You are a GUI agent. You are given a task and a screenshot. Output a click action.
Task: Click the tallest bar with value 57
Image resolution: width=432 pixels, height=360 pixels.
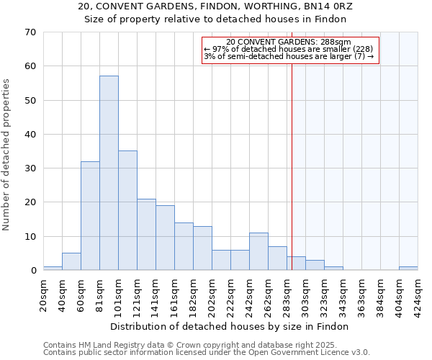tap(109, 173)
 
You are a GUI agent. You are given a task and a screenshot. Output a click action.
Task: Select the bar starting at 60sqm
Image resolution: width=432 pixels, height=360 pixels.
tap(90, 215)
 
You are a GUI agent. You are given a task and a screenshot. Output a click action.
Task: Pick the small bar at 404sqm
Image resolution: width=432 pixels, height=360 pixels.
tap(408, 268)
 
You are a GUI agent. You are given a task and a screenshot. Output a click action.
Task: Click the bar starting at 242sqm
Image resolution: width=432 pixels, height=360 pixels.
tap(258, 251)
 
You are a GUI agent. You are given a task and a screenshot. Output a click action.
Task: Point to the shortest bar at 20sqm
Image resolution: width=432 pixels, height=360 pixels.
tap(53, 268)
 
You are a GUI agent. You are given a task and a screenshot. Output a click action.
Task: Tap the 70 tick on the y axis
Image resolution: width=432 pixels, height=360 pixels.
tap(30, 32)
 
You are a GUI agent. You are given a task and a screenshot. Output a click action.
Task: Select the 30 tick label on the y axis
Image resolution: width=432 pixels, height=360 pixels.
tap(30, 168)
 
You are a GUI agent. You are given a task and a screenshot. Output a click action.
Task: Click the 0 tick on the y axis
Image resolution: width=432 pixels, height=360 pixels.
tap(32, 271)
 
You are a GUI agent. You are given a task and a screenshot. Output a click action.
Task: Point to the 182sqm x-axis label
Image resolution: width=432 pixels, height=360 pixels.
tap(193, 295)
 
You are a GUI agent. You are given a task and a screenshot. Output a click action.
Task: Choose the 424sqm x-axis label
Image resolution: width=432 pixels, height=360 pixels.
tap(418, 295)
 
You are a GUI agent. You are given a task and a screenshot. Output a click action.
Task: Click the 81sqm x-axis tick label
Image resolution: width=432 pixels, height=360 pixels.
tap(99, 293)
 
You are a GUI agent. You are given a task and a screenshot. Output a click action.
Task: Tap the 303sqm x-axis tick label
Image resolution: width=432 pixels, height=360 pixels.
tap(305, 295)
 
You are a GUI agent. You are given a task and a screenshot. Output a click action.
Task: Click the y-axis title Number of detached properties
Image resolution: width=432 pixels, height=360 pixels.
tap(7, 154)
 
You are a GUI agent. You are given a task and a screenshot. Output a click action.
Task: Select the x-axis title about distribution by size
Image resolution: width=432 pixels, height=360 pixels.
tap(230, 327)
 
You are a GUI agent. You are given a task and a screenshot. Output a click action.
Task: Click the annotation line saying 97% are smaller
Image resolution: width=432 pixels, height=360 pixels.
tap(288, 49)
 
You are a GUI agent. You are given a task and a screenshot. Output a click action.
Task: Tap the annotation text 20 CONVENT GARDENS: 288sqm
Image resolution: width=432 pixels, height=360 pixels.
tap(288, 42)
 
